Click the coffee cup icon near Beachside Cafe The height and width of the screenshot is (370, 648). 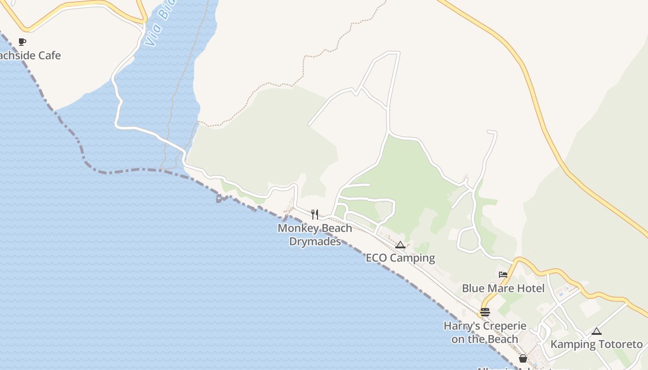(22, 42)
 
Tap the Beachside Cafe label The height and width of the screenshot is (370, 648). (30, 55)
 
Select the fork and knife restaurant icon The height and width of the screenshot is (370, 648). (315, 214)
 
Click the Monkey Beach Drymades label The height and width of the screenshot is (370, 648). (315, 234)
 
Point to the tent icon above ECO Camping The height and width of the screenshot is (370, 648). (400, 245)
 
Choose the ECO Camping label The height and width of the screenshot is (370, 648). (400, 258)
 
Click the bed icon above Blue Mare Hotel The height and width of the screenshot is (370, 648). (503, 274)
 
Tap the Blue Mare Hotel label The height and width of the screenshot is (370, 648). (503, 289)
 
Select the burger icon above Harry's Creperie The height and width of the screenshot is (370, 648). (485, 312)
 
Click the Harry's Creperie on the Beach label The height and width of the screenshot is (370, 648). (485, 332)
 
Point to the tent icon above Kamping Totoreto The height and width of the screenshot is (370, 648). (597, 331)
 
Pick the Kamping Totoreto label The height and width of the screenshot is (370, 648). (597, 345)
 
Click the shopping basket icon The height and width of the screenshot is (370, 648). (523, 358)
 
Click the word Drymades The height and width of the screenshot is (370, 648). (315, 241)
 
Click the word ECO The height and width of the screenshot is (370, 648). (376, 258)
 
